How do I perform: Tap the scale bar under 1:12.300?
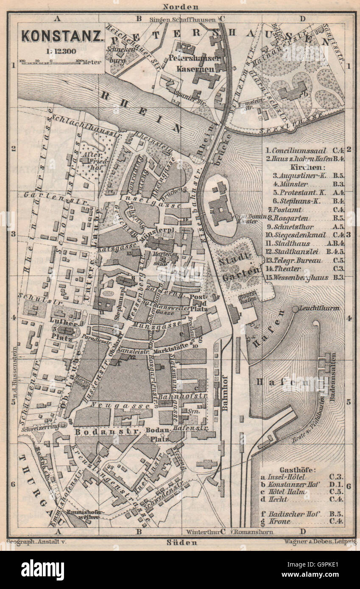tap(50, 62)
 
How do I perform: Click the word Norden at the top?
tap(180, 6)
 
